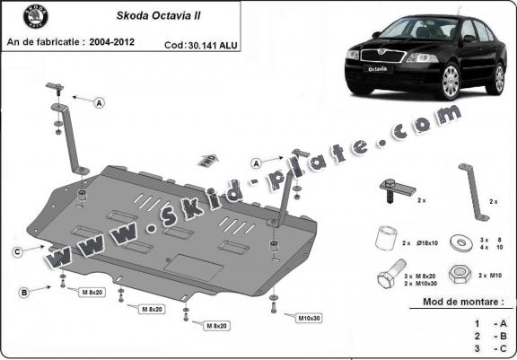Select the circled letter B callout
click(x=24, y=292)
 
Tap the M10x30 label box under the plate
click(x=310, y=318)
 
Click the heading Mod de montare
click(x=463, y=304)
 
